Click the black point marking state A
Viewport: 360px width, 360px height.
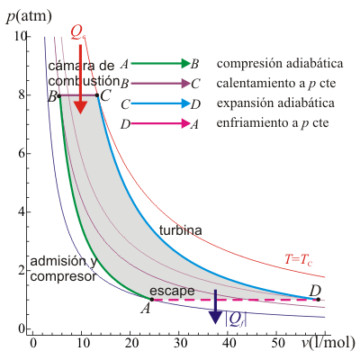152,299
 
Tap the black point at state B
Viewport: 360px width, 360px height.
59,95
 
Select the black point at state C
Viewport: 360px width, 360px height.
97,95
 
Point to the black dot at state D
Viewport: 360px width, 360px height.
319,299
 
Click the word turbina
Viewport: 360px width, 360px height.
181,230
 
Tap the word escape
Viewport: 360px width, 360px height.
172,291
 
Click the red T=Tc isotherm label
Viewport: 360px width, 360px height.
298,259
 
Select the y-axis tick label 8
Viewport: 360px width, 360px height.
22,95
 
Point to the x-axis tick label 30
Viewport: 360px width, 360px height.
178,343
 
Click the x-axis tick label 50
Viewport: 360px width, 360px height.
276,343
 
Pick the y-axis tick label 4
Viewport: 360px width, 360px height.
22,212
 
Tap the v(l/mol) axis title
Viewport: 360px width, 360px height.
328,343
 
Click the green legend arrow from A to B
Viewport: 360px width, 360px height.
160,63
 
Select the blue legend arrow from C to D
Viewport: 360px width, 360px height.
160,103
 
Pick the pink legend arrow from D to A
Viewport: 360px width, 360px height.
160,123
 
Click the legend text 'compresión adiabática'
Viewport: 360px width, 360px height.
280,64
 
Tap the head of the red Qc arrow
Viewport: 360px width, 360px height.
80,107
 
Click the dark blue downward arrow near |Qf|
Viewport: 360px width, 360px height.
215,307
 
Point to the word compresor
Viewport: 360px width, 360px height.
63,276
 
